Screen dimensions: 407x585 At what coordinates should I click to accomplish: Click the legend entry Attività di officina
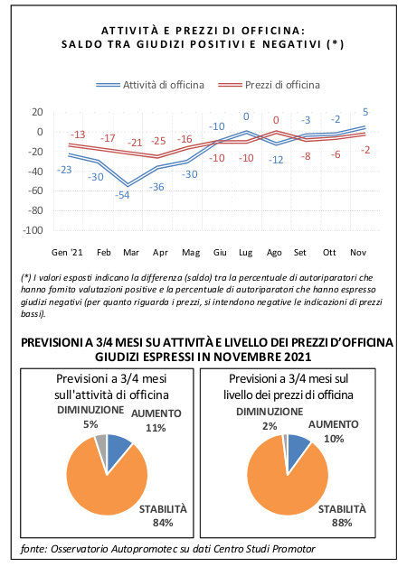tap(150, 85)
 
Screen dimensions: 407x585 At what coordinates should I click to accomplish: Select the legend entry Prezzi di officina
tap(270, 85)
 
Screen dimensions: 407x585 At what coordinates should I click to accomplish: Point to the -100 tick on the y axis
tap(33, 230)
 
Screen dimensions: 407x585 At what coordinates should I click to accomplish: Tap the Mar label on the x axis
tap(131, 253)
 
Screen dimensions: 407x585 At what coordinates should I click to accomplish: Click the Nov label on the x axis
tap(358, 253)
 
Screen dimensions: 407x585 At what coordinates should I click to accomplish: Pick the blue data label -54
tap(122, 195)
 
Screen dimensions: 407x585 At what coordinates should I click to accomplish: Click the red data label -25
tap(158, 141)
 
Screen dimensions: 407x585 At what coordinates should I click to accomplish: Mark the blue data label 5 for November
tap(365, 112)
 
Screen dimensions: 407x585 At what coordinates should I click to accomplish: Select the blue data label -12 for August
tap(276, 160)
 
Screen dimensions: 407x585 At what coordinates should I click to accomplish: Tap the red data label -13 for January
tap(78, 135)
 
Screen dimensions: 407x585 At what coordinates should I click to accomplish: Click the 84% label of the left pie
tap(163, 523)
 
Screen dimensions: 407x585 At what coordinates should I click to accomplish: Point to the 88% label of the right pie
tap(342, 523)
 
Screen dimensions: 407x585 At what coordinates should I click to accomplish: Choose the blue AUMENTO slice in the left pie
tap(118, 450)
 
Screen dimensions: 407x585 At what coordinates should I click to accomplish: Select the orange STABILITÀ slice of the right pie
tap(288, 485)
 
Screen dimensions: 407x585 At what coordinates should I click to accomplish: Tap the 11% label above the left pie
tap(156, 428)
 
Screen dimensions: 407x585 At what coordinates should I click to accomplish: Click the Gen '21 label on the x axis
tap(67, 253)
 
